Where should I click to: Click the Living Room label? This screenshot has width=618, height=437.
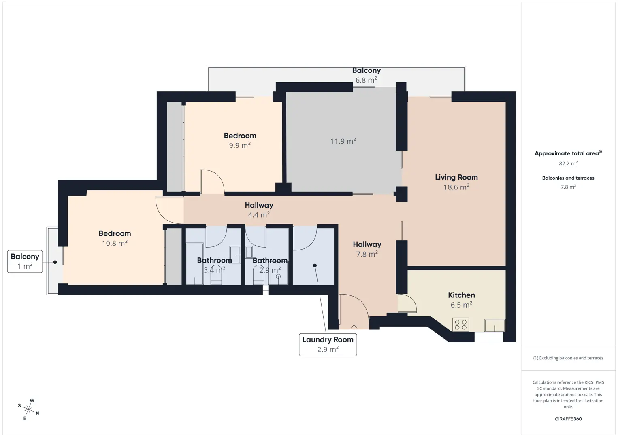pyautogui.click(x=456, y=177)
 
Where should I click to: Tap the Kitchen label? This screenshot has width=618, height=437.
pyautogui.click(x=461, y=295)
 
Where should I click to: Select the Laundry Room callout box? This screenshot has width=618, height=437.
pyautogui.click(x=328, y=345)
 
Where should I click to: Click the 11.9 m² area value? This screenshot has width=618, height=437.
pyautogui.click(x=343, y=141)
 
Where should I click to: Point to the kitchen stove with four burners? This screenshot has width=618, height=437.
pyautogui.click(x=461, y=325)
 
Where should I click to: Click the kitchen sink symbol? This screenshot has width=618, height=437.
pyautogui.click(x=494, y=325)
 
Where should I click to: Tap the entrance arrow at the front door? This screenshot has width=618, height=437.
pyautogui.click(x=354, y=327)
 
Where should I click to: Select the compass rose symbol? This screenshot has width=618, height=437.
pyautogui.click(x=28, y=409)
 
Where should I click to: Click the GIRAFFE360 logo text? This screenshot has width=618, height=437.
pyautogui.click(x=568, y=419)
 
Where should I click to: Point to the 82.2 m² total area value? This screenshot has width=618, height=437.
pyautogui.click(x=568, y=163)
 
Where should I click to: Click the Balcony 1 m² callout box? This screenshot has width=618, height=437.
pyautogui.click(x=25, y=261)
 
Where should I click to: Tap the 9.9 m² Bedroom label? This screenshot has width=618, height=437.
pyautogui.click(x=240, y=140)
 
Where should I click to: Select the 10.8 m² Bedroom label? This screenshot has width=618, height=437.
pyautogui.click(x=115, y=238)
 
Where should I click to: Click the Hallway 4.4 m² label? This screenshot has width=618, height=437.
pyautogui.click(x=259, y=210)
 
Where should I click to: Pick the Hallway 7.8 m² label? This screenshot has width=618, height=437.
pyautogui.click(x=367, y=249)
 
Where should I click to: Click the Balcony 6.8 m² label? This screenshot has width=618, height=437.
pyautogui.click(x=367, y=75)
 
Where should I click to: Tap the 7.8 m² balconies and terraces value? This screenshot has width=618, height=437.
pyautogui.click(x=568, y=187)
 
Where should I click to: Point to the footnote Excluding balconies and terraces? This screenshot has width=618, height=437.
pyautogui.click(x=568, y=358)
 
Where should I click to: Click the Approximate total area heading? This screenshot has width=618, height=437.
pyautogui.click(x=568, y=153)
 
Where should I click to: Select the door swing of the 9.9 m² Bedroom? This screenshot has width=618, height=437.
pyautogui.click(x=216, y=176)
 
